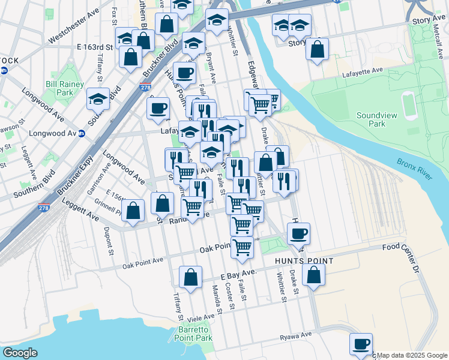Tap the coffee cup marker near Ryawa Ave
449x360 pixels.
[x=361, y=344]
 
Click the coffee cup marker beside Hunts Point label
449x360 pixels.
[x=298, y=233]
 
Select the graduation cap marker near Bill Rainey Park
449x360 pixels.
[x=98, y=99]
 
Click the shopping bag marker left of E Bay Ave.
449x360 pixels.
[x=190, y=277]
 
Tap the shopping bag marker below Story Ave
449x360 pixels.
[x=317, y=49]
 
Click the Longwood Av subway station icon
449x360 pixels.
[x=82, y=133]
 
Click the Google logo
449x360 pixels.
[x=20, y=353]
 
